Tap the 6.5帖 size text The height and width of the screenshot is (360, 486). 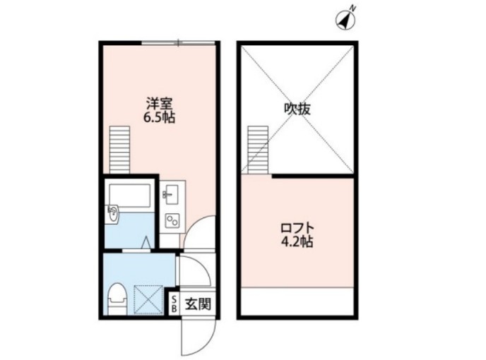pyautogui.click(x=159, y=118)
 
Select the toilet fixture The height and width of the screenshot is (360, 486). pyautogui.click(x=117, y=297)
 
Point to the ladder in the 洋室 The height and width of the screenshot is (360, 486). pyautogui.click(x=122, y=148)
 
